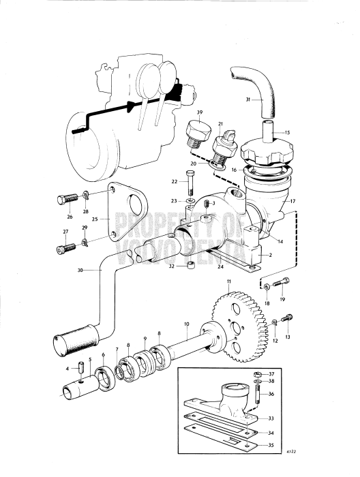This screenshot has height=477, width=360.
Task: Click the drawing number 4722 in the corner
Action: (x=330, y=469)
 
